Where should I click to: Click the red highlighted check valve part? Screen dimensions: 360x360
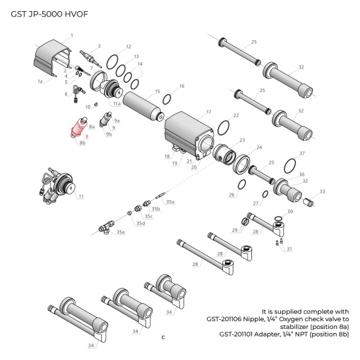[x=78, y=129]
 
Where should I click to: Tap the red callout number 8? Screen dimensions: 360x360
[x=86, y=136]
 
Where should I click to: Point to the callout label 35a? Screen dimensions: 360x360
[x=170, y=201]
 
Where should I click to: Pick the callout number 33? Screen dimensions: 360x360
[x=321, y=191]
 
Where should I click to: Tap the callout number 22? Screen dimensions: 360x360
[x=235, y=115]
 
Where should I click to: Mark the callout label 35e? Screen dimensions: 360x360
[x=120, y=232]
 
